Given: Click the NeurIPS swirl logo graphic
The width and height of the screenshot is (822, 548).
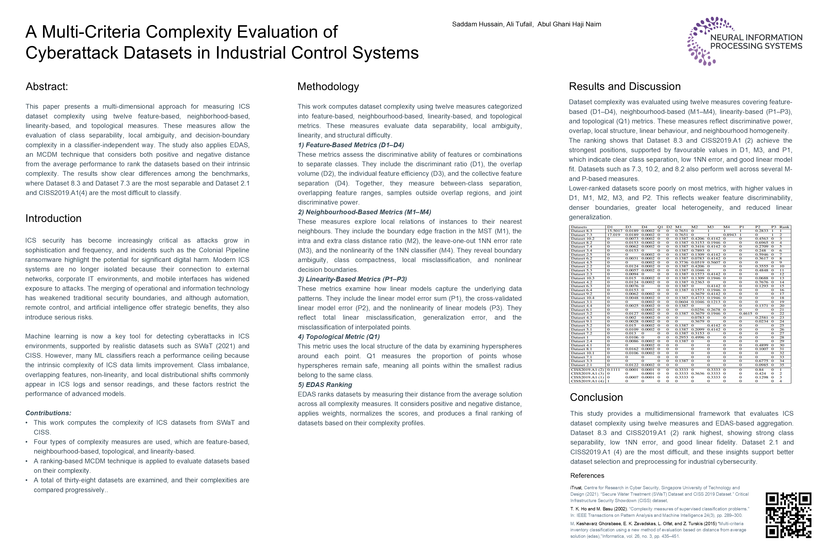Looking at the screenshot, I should tap(702, 41).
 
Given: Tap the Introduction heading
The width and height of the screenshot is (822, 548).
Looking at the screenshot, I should tap(53, 218).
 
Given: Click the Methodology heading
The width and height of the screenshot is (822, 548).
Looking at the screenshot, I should tap(328, 86).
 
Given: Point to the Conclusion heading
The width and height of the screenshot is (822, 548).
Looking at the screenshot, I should tap(596, 397).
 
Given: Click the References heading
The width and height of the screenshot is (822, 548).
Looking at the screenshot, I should tap(587, 476).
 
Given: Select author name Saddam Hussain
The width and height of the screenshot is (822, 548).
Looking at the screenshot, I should tap(477, 24).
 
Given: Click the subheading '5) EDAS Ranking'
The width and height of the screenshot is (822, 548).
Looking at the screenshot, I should tap(325, 385).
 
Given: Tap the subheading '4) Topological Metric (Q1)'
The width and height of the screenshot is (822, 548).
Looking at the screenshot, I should tap(338, 337).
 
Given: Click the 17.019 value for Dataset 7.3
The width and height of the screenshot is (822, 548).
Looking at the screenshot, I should tap(614, 235).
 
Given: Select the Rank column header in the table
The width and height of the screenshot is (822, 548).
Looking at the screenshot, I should tap(784, 227).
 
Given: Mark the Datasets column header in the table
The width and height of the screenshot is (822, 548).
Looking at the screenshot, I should tap(579, 227).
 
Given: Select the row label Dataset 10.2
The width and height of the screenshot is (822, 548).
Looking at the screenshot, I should tap(582, 239).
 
